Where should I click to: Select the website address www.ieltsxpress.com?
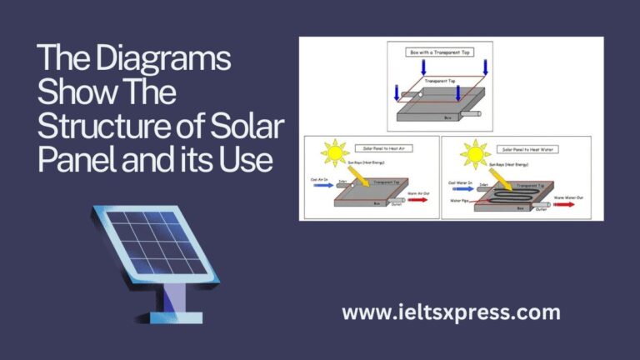[x=451, y=312]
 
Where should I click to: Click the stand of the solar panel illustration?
[x=171, y=292]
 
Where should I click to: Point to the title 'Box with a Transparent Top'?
[x=439, y=52]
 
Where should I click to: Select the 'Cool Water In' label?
[x=462, y=182]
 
